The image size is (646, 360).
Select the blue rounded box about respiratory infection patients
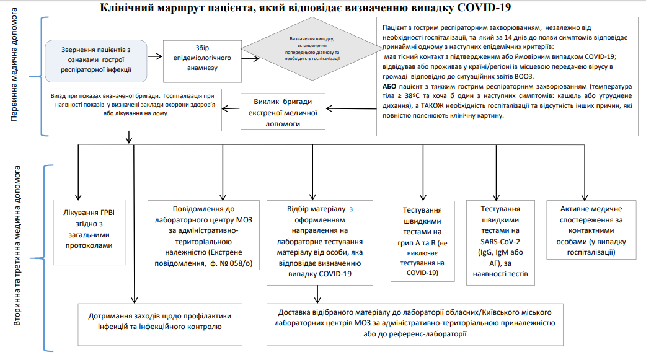coord(96,60)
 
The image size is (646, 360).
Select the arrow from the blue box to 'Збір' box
coord(155,59)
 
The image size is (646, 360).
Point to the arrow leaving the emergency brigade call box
coord(231,108)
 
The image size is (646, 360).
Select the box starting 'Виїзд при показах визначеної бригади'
coord(136,110)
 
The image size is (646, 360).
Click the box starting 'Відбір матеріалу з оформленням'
coord(320,242)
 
